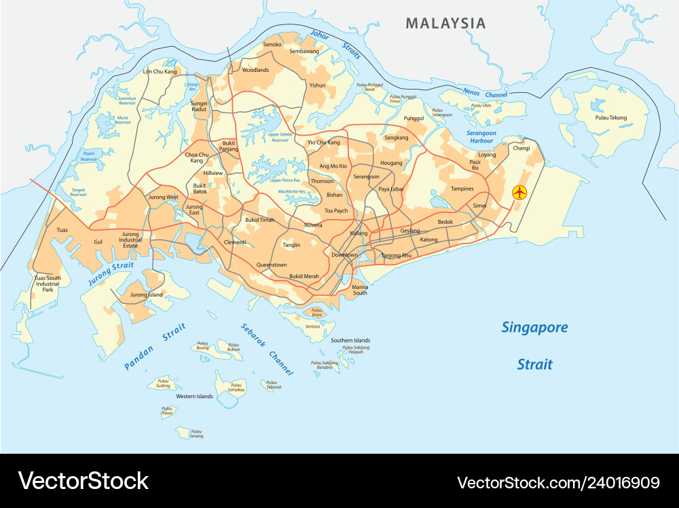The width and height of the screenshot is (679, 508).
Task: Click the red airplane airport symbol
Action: coord(519,193)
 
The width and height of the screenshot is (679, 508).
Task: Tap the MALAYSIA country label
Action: coord(445,23)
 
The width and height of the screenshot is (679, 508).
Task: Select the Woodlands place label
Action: coord(255,70)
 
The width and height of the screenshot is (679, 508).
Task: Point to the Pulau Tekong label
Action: coord(611,117)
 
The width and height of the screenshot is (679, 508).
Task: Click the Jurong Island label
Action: coord(147,295)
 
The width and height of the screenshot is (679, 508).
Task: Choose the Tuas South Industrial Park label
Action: coord(48,284)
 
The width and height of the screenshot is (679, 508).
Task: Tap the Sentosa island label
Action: coord(312,327)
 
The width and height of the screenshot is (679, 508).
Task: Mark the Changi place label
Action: coord(521,147)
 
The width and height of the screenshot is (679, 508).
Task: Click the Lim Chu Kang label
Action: coord(160,71)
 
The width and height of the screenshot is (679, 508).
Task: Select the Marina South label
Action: coord(360,290)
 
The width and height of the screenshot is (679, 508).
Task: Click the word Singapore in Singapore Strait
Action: coord(534,328)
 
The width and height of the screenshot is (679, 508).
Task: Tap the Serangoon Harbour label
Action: coord(481,137)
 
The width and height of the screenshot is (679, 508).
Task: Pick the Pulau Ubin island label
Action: coord(481,105)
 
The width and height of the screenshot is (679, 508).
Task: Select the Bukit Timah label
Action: coord(259,220)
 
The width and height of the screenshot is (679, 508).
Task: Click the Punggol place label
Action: coord(414,118)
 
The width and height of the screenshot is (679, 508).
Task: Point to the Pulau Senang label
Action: coord(196,433)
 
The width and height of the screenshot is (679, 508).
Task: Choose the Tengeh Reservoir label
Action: coord(78,192)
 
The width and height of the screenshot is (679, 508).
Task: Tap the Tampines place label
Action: coord(462,189)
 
